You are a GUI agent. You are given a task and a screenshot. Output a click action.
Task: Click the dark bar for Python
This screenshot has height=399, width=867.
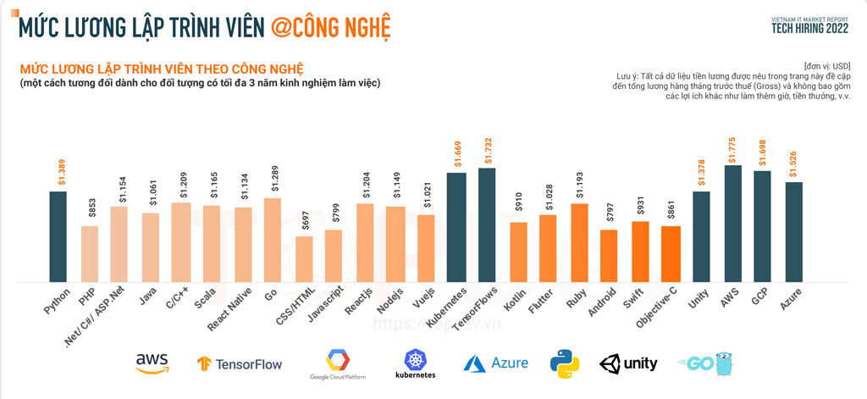click(58, 236)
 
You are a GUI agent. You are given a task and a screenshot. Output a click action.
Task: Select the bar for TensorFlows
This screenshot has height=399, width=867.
click(487, 224)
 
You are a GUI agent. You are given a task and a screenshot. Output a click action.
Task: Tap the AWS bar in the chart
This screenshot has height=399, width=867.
click(732, 223)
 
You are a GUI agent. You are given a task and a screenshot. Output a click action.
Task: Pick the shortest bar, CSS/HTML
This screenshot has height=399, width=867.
click(303, 258)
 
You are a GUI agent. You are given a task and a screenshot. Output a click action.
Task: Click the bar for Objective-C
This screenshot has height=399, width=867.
click(671, 253)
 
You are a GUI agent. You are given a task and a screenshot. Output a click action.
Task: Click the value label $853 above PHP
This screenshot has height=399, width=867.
click(89, 209)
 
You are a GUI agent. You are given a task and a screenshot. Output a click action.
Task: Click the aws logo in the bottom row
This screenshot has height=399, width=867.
click(152, 363)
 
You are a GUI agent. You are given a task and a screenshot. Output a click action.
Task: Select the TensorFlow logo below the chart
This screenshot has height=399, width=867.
click(240, 364)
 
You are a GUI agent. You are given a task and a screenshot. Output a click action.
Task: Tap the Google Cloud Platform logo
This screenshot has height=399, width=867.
click(338, 365)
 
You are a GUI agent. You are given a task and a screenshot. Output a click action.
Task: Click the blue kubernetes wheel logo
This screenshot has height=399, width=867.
click(415, 363)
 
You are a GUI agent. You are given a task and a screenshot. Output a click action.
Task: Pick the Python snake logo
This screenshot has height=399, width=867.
click(565, 363)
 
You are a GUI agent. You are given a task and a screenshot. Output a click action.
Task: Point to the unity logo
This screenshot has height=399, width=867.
click(628, 363)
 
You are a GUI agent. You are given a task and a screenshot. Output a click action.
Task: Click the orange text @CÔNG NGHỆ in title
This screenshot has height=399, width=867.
click(330, 26)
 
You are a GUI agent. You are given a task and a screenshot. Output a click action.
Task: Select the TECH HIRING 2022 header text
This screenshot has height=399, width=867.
click(810, 27)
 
